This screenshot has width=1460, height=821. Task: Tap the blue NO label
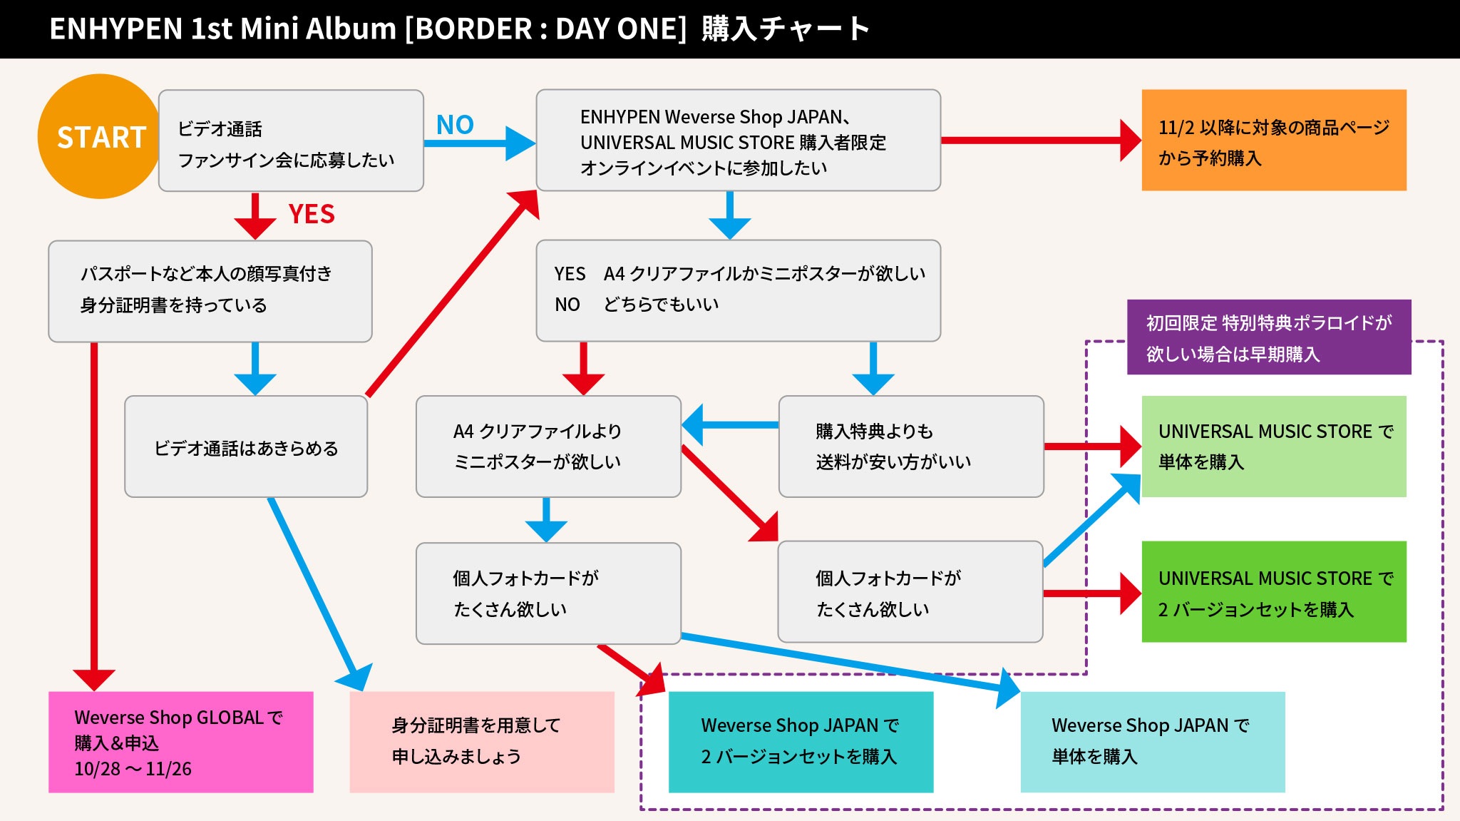click(x=455, y=125)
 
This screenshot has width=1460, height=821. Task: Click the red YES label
click(x=312, y=214)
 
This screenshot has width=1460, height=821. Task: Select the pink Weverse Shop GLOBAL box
click(x=180, y=741)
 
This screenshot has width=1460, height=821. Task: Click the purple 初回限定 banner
click(x=1268, y=337)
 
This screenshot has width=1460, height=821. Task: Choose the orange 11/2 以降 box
click(x=1273, y=141)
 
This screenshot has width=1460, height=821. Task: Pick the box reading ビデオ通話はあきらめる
click(x=246, y=447)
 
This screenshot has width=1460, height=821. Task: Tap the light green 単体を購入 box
click(x=1273, y=447)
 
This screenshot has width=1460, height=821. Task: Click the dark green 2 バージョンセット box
click(x=1273, y=592)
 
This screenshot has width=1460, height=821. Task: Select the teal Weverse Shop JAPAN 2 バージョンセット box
click(x=801, y=741)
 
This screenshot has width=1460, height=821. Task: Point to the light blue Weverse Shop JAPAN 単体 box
click(x=1152, y=741)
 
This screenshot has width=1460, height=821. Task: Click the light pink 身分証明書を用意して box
click(x=482, y=741)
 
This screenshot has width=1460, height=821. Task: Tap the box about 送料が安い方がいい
click(x=910, y=447)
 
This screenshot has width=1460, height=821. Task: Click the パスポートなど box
click(x=210, y=291)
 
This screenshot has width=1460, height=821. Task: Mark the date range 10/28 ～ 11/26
click(x=133, y=769)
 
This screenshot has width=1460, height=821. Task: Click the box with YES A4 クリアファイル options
click(x=738, y=290)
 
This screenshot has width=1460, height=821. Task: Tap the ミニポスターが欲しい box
click(x=547, y=447)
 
